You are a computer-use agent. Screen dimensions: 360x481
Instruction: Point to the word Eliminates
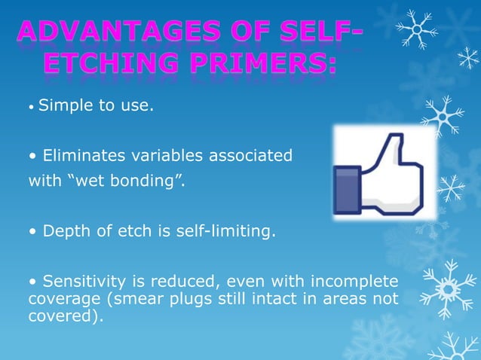82,156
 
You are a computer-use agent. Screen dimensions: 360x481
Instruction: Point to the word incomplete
354,282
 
